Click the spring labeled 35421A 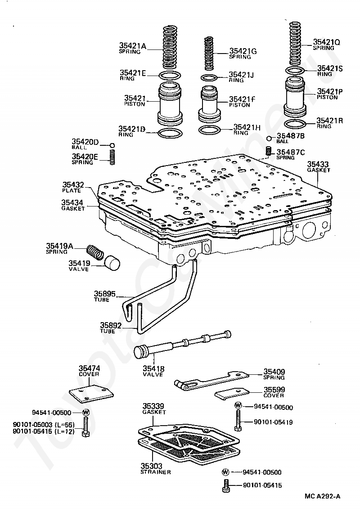[171, 46]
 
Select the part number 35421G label [243, 51]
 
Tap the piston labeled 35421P [295, 97]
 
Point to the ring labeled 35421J [209, 78]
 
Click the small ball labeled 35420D [112, 145]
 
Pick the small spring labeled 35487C [269, 151]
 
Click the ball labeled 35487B [269, 138]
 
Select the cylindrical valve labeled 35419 [112, 263]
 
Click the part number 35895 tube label [104, 294]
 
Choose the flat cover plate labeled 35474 [91, 394]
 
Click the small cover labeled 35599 [232, 393]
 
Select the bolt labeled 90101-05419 [238, 421]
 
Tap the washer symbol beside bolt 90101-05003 [85, 412]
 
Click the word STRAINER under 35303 [156, 472]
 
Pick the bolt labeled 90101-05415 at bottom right [226, 485]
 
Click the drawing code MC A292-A [323, 496]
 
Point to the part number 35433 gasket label [318, 164]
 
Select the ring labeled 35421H [209, 130]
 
